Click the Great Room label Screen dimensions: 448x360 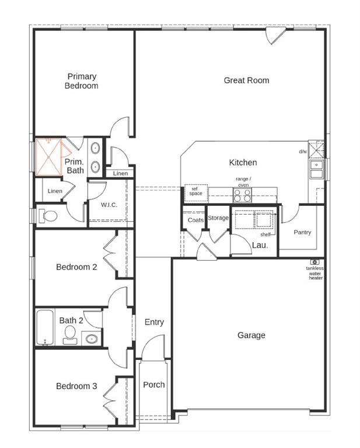point(246,80)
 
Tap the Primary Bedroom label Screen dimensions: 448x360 point(81,81)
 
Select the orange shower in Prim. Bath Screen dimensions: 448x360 point(50,156)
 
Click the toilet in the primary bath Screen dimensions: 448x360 point(48,216)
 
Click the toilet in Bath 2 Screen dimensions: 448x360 point(71,334)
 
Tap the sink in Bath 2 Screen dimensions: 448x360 point(92,338)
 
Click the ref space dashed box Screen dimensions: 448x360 point(196,192)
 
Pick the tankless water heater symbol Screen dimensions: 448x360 point(315,262)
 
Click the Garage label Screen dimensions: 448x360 point(251,335)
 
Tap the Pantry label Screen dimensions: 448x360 point(302,232)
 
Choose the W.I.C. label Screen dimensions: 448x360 point(109,205)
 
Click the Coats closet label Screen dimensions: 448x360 point(195,220)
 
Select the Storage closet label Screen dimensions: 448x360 point(218,218)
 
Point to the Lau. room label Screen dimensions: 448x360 point(260,246)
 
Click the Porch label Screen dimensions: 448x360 point(154,384)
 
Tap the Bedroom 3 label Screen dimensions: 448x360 point(76,386)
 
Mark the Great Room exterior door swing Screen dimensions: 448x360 point(273,36)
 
